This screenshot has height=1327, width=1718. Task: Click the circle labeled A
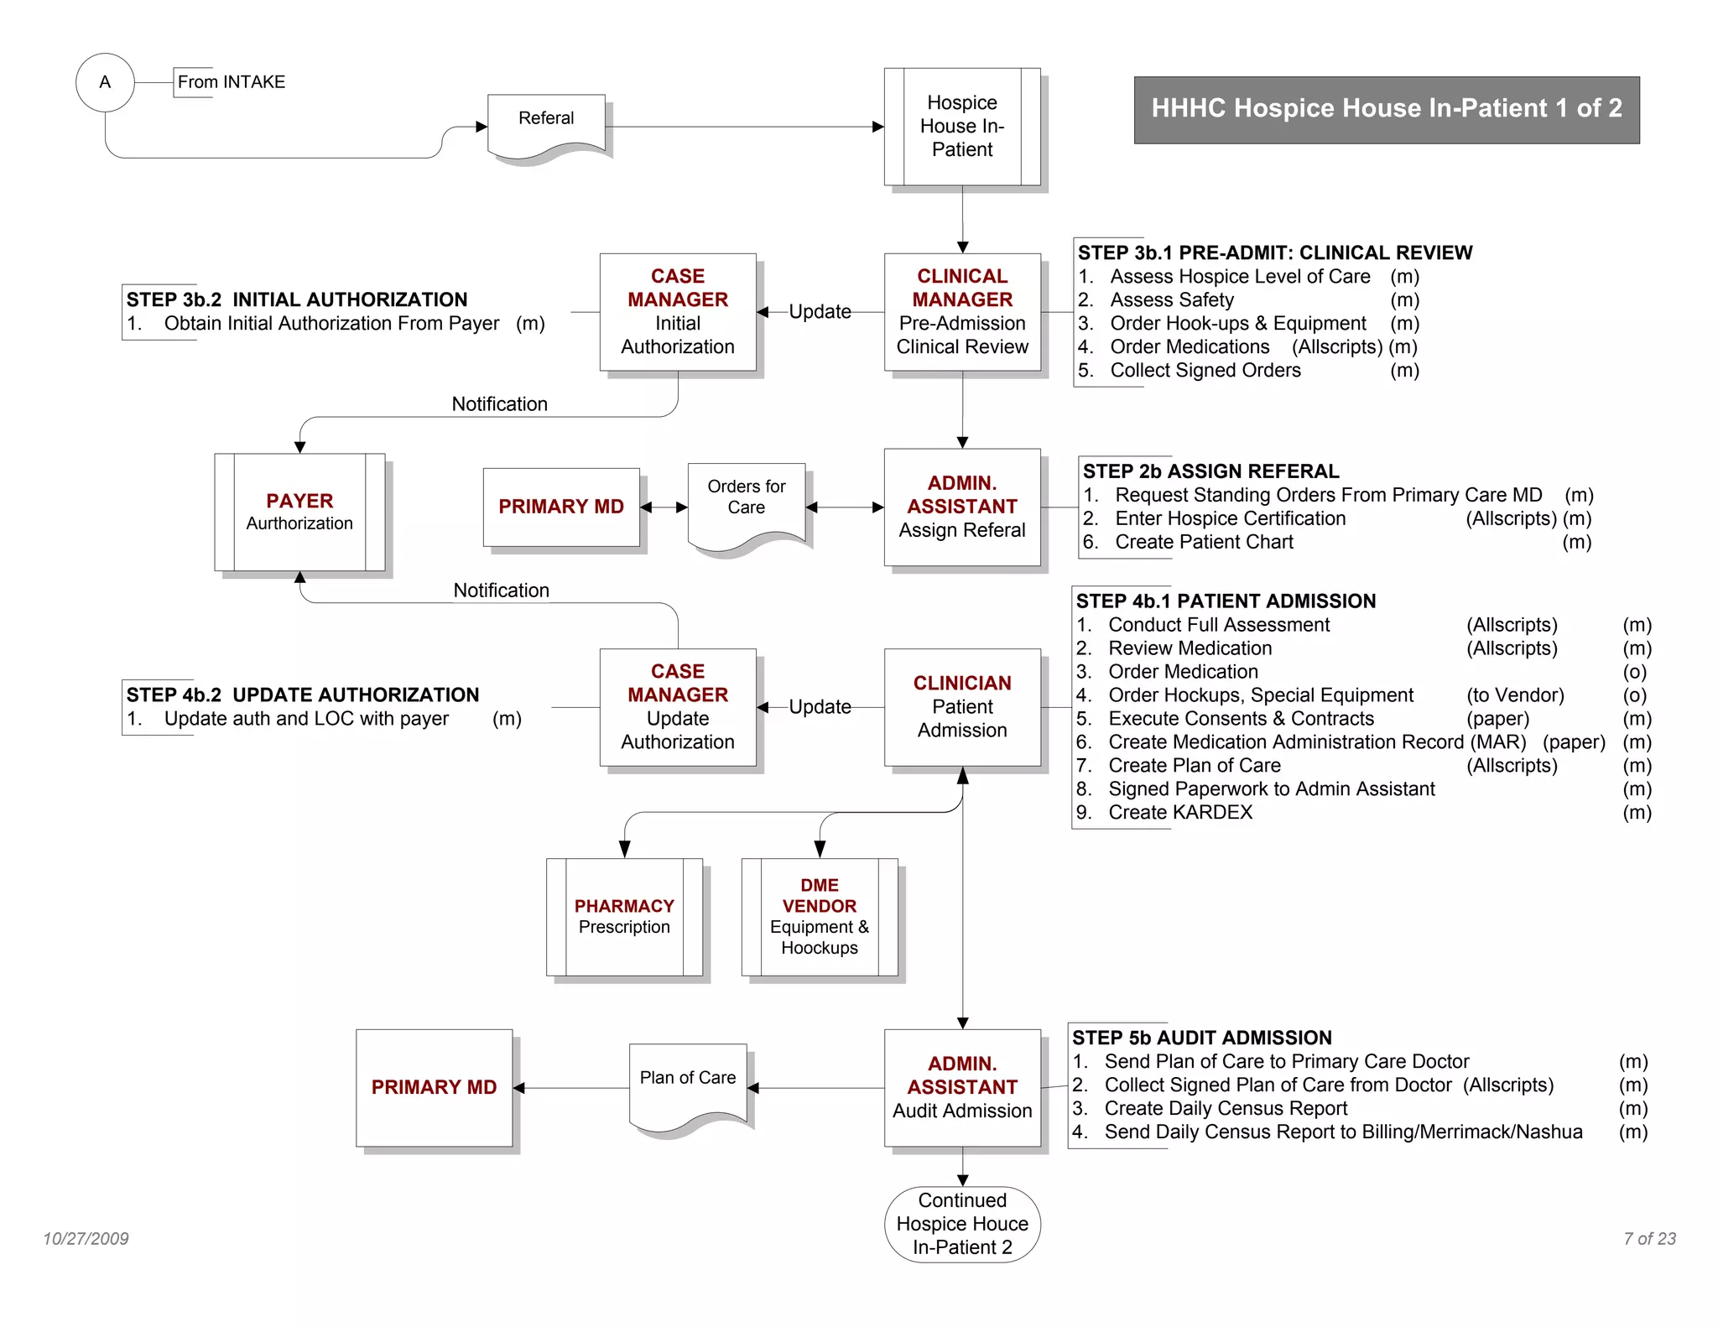pyautogui.click(x=105, y=82)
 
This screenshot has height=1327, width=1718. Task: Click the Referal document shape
pyautogui.click(x=546, y=124)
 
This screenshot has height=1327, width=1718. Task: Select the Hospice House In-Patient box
pyautogui.click(x=962, y=127)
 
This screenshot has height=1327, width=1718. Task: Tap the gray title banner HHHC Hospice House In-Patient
pyautogui.click(x=1386, y=109)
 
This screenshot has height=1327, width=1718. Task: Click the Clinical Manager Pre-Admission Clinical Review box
pyautogui.click(x=962, y=312)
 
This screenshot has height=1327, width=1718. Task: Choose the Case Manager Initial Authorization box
pyautogui.click(x=678, y=312)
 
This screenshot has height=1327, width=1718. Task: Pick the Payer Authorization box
pyautogui.click(x=299, y=512)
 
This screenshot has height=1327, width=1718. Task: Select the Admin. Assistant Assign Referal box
pyautogui.click(x=962, y=507)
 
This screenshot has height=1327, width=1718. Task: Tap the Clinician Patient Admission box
pyautogui.click(x=962, y=707)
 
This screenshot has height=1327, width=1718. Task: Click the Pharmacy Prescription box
pyautogui.click(x=624, y=917)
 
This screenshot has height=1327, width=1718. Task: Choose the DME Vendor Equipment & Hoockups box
pyautogui.click(x=820, y=917)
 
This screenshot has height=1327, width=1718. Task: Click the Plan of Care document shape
pyautogui.click(x=688, y=1084)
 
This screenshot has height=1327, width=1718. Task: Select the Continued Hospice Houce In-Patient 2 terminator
pyautogui.click(x=962, y=1224)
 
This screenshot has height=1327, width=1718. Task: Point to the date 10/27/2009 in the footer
pyautogui.click(x=86, y=1239)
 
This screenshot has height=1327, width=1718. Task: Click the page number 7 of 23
pyautogui.click(x=1649, y=1239)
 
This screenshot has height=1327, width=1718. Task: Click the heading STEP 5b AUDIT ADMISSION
pyautogui.click(x=1201, y=1038)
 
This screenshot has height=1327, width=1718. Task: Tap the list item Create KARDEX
pyautogui.click(x=1180, y=812)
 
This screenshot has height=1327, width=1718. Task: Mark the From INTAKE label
pyautogui.click(x=231, y=82)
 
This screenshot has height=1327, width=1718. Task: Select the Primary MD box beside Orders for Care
pyautogui.click(x=561, y=507)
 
